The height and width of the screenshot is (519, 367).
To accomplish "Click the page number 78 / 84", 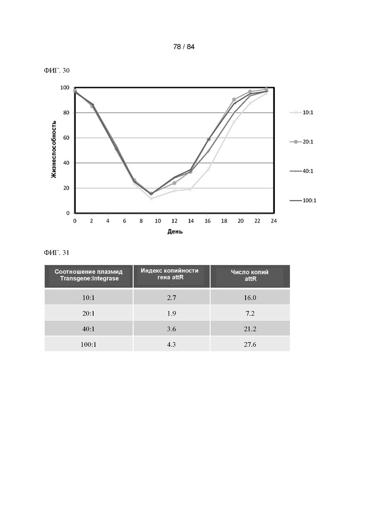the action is click(x=183, y=47).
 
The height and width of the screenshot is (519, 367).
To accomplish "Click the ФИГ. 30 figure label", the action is click(x=56, y=71).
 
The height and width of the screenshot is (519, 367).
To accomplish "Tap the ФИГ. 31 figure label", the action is click(x=56, y=253).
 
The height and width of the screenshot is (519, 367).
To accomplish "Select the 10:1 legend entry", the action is click(x=302, y=112).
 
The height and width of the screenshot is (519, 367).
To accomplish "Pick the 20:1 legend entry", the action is click(x=302, y=142).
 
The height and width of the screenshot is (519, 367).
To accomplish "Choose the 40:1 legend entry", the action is click(x=302, y=171).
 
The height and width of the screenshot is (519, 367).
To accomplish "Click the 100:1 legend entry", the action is click(x=303, y=200).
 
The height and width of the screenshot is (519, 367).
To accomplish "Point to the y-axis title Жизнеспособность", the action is click(x=54, y=150).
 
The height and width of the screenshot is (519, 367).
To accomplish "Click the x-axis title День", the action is click(x=175, y=232).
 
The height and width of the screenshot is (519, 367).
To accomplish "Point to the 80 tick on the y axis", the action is click(x=66, y=113).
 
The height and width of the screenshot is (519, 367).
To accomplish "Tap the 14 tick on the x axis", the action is click(x=191, y=221).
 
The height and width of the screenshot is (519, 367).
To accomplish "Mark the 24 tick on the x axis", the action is click(x=274, y=221).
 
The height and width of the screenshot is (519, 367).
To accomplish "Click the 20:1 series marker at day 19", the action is click(x=234, y=100).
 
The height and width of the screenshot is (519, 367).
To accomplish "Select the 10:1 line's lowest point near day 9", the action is click(x=151, y=199).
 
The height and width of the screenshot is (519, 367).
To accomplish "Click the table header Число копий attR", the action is click(x=250, y=275).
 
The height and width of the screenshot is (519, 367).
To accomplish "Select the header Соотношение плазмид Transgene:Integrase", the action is click(x=88, y=275).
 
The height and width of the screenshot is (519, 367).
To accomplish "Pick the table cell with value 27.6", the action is click(x=250, y=344).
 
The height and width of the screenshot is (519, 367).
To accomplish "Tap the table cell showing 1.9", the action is click(x=171, y=313).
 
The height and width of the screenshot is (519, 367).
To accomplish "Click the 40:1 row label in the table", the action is click(x=88, y=329).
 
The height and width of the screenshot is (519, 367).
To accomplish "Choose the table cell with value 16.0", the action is click(x=250, y=298).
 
